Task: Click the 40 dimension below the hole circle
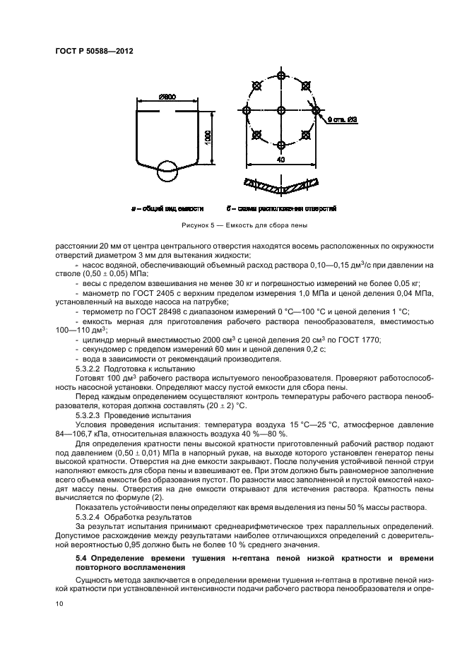point(280,161)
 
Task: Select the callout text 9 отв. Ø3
point(343,120)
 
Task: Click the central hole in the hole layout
point(281,110)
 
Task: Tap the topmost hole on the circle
point(281,75)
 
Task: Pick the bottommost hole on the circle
point(281,145)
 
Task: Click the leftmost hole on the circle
point(246,110)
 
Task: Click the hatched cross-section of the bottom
point(281,183)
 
